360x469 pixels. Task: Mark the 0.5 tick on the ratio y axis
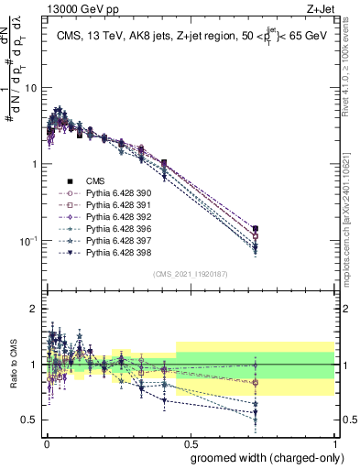point(33,420)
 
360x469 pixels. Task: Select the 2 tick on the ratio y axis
point(35,309)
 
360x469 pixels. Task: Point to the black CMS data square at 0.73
point(256,229)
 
